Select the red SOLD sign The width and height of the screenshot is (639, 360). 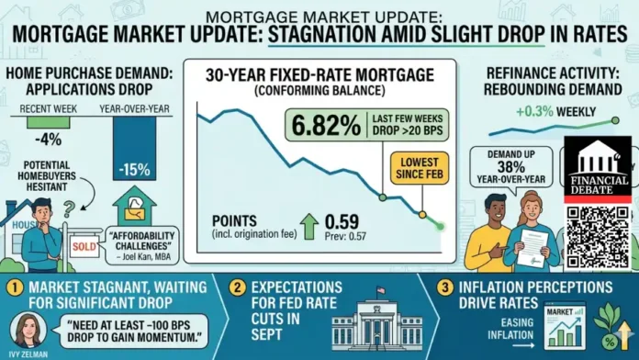[x=84, y=247]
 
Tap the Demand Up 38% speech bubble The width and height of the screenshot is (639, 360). [x=507, y=164]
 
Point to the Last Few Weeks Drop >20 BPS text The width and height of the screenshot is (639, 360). [x=411, y=122]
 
